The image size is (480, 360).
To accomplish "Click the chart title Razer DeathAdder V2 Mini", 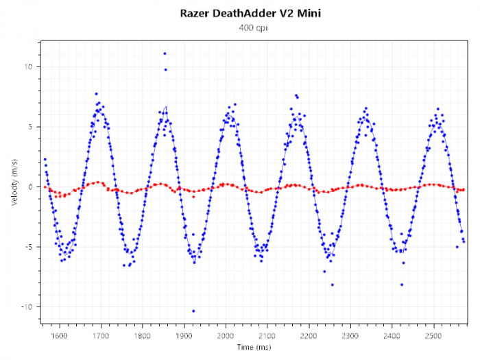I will [x=240, y=13].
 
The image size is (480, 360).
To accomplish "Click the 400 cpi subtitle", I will [x=240, y=27].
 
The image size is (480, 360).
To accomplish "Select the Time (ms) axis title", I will [x=254, y=348].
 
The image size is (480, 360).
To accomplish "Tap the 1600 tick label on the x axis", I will [x=60, y=336].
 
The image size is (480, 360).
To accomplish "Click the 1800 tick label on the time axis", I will [x=143, y=336].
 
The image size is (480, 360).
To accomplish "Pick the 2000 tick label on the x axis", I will [x=226, y=336].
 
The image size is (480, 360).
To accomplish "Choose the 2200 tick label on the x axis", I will [x=309, y=336].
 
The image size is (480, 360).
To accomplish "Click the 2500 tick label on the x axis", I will [x=433, y=336].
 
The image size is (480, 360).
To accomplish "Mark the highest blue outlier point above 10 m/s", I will [x=165, y=53].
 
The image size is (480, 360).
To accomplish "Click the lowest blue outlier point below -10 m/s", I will [x=193, y=311].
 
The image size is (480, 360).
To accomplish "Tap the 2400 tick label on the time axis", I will [x=392, y=336].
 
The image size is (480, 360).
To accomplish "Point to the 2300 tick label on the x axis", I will [x=350, y=336].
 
